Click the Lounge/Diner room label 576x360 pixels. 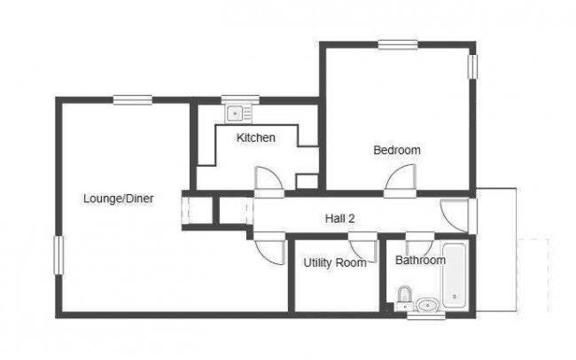click(118, 199)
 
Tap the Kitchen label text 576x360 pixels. click(256, 137)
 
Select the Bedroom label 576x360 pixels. click(397, 150)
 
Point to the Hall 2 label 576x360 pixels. click(339, 218)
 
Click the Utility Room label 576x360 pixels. click(335, 262)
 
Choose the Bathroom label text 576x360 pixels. click(420, 261)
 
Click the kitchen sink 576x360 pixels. click(235, 113)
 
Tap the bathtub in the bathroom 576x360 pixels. click(455, 275)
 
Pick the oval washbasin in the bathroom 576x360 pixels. click(428, 305)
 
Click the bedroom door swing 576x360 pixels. click(401, 177)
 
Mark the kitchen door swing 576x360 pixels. click(269, 179)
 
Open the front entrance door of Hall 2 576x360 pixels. click(454, 215)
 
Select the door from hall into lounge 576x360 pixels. click(270, 252)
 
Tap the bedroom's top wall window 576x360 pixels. click(398, 44)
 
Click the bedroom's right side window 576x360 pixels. click(472, 67)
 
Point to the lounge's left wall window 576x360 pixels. click(58, 255)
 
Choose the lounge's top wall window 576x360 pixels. click(133, 99)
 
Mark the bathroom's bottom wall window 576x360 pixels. click(426, 315)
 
